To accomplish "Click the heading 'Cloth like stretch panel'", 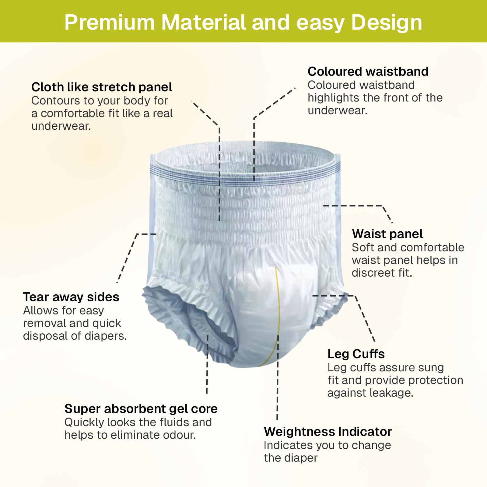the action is tap(102, 87).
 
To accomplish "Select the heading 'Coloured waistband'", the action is tap(368, 72).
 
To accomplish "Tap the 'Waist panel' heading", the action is tap(387, 234).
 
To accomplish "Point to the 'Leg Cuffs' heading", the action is tap(356, 354).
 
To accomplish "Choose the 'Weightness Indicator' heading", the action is tap(328, 432).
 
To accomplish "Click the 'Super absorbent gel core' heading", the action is tap(141, 409).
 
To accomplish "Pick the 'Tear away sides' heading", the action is tap(71, 297).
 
